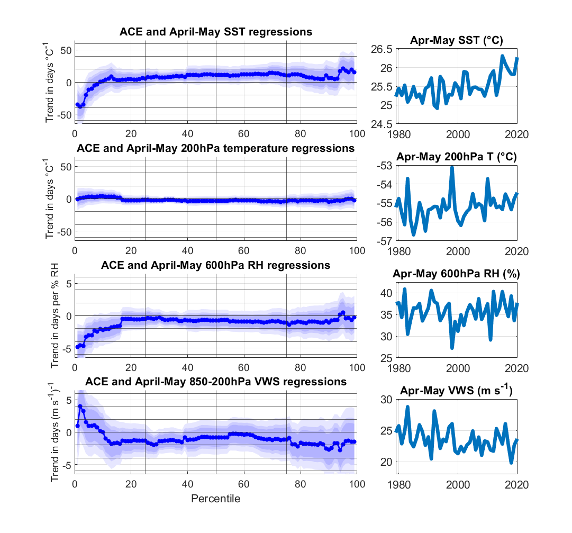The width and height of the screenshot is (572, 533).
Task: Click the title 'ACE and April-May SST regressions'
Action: (215, 32)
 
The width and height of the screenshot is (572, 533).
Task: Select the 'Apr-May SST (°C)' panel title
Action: (456, 41)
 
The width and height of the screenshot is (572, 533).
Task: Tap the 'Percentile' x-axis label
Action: (215, 499)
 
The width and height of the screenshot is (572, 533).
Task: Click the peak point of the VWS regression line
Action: (80, 406)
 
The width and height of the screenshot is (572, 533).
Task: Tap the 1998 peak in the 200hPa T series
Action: (452, 167)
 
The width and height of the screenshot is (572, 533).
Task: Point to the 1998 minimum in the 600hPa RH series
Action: (452, 348)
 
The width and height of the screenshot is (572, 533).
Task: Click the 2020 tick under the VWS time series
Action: (517, 483)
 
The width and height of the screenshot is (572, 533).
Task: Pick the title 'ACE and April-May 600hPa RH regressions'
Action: (215, 265)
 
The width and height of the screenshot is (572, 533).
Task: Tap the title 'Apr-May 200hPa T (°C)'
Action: (456, 157)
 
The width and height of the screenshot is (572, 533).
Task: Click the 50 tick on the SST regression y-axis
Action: (65, 50)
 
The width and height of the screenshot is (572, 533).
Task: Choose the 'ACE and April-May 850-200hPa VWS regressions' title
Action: (215, 382)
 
